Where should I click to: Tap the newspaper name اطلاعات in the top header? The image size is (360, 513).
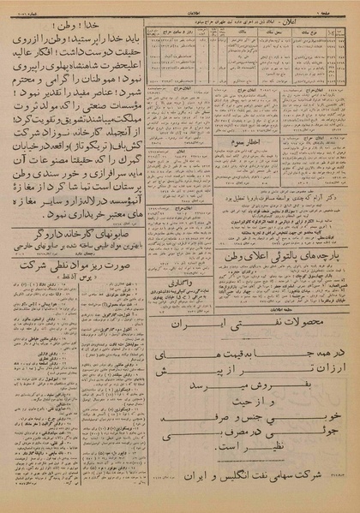click(181, 5)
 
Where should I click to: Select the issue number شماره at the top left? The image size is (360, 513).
click(21, 5)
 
